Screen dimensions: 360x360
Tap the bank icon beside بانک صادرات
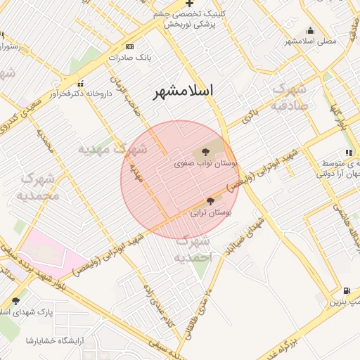(130, 46)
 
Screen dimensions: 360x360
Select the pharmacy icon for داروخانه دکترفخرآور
(81, 84)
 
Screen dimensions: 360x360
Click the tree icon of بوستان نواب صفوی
(205, 152)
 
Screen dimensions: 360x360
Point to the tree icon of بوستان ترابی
(210, 201)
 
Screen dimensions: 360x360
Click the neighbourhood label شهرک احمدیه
(193, 250)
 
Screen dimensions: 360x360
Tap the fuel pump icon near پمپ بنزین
(347, 291)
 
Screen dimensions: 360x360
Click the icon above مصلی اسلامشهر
(310, 30)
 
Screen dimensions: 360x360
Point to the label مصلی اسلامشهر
(310, 41)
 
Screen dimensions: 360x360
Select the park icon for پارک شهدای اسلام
(15, 300)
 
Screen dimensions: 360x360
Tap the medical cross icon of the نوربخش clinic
(189, 4)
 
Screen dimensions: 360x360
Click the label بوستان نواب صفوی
(206, 163)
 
